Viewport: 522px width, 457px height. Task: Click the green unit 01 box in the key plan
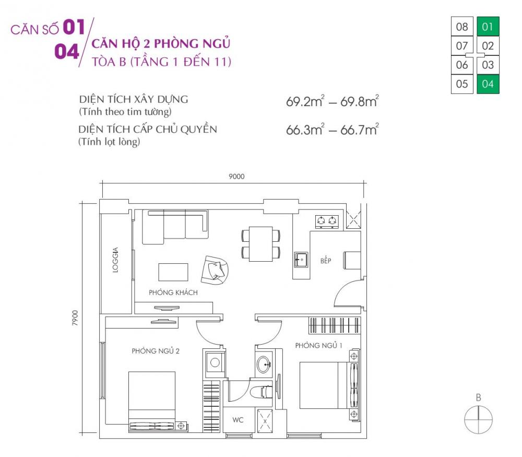click(488, 26)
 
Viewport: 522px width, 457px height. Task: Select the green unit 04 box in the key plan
click(488, 84)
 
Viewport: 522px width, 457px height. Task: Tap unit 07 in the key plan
click(462, 46)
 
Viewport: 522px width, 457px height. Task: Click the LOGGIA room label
click(115, 260)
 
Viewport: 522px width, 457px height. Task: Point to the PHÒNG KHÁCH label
click(173, 292)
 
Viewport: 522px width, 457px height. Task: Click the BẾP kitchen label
click(326, 260)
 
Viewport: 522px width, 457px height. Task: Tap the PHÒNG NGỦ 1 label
click(319, 345)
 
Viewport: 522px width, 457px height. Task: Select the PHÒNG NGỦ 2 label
click(156, 351)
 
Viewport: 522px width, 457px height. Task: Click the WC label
click(238, 420)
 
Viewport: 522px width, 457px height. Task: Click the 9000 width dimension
click(236, 177)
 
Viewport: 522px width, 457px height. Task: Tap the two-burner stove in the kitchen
click(327, 221)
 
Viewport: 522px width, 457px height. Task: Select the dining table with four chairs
click(260, 244)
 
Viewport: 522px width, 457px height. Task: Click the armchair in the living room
click(216, 269)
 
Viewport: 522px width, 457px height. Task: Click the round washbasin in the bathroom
click(264, 363)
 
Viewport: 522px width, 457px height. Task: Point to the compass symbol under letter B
click(478, 420)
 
